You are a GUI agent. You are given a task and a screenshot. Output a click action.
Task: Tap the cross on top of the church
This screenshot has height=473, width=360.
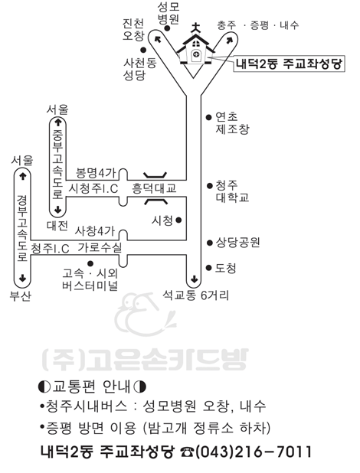tap(196, 28)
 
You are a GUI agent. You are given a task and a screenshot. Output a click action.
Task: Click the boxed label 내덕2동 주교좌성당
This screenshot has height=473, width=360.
tap(289, 64)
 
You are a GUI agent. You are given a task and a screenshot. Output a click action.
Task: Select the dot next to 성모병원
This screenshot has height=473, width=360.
tap(167, 28)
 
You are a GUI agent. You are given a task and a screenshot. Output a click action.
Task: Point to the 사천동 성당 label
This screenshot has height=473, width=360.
tap(140, 69)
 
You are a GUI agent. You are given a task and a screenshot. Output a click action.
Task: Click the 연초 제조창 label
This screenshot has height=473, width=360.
tap(232, 122)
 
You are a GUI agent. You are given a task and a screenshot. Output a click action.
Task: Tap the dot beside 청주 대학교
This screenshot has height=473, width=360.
tap(209, 186)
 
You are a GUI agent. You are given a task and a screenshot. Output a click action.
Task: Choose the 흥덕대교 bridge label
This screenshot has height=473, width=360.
tap(154, 188)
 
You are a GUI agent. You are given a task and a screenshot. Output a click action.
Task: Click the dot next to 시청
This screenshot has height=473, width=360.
tap(178, 220)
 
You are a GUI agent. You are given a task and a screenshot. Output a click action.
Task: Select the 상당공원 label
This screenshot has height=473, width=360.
tap(237, 242)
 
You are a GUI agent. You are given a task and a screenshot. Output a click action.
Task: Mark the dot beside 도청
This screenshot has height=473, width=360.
tap(208, 268)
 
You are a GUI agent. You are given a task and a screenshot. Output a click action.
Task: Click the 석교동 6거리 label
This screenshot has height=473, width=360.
tap(196, 295)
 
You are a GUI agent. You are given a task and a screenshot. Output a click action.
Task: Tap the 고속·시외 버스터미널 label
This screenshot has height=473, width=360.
tap(90, 279)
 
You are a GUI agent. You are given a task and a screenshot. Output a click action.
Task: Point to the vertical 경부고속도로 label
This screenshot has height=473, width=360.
tap(22, 228)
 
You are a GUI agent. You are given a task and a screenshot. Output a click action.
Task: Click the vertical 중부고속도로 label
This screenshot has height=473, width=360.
tap(57, 165)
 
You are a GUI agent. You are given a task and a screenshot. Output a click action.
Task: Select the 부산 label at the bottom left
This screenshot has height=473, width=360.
tap(20, 296)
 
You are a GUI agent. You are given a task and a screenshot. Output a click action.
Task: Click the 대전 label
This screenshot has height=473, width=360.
tap(57, 225)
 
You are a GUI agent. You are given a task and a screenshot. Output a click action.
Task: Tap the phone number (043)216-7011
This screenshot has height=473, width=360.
tap(254, 452)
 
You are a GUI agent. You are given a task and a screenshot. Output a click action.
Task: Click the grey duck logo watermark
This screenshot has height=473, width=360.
tap(145, 314)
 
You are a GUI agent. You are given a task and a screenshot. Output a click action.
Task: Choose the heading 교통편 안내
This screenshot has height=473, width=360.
tap(92, 387)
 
